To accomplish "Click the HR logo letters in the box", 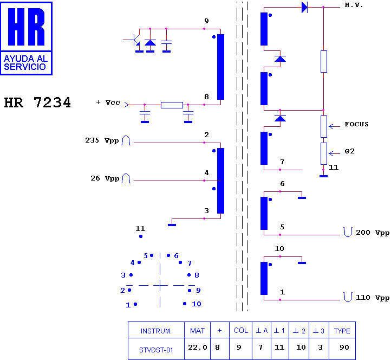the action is tap(26, 27).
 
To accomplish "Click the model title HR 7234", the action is tap(37, 102).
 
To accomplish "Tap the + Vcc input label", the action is tap(108, 102).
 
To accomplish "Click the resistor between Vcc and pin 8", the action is tap(172, 105).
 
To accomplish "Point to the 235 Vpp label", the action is tap(102, 140).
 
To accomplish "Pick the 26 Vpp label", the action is tap(105, 178).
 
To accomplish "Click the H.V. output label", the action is tap(354, 5).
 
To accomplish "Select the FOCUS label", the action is tap(356, 124).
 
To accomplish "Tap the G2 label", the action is tap(349, 151).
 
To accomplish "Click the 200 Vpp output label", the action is tap(373, 233).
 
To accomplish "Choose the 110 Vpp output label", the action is tap(373, 298).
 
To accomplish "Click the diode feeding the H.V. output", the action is tap(304, 7).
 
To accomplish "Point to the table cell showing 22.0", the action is tap(198, 348).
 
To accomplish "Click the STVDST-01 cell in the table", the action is tap(156, 350).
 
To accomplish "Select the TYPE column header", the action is tap(342, 331).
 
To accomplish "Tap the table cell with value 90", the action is tap(344, 348).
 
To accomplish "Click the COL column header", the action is tap(241, 330).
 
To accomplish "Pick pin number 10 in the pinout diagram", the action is tap(197, 304).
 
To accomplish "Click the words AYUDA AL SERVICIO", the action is tap(25, 63).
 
